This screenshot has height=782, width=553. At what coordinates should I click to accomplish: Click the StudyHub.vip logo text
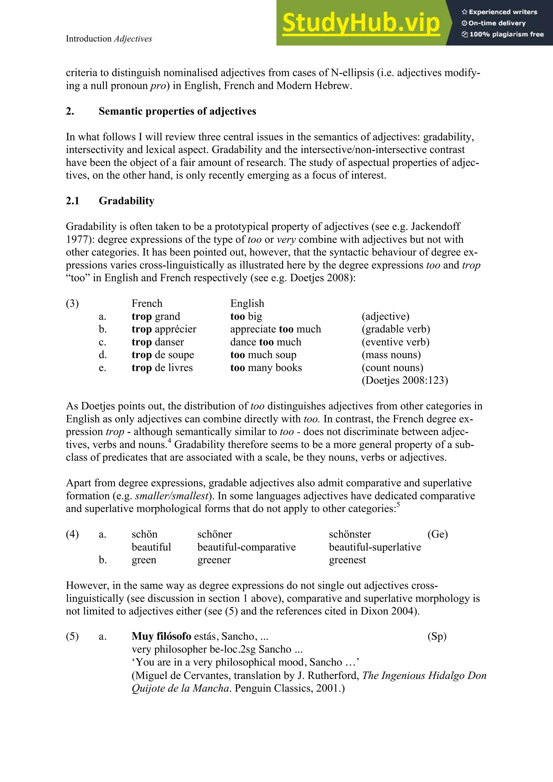[x=361, y=23]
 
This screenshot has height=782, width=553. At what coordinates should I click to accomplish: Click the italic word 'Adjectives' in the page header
[x=133, y=39]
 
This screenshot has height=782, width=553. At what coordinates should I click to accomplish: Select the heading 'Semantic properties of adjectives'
[x=177, y=111]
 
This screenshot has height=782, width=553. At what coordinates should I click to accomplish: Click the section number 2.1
[x=73, y=201]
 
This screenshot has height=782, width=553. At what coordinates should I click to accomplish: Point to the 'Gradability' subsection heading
[x=126, y=201]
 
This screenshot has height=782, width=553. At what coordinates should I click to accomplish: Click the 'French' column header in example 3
[x=147, y=304]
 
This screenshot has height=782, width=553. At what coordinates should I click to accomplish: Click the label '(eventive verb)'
[x=395, y=342]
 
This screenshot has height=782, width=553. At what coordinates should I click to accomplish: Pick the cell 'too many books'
[x=266, y=368]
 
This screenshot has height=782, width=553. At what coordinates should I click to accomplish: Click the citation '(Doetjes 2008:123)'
[x=404, y=380]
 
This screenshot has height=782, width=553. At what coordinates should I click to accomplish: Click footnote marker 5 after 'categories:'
[x=398, y=505]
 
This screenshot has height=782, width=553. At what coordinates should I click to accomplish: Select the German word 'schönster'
[x=350, y=534]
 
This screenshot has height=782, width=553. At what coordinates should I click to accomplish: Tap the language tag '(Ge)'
[x=437, y=534]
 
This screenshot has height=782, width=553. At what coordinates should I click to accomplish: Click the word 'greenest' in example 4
[x=347, y=560]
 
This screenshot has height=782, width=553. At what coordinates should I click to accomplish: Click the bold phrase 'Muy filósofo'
[x=161, y=636]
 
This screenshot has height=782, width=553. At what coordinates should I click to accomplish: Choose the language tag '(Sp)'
[x=437, y=636]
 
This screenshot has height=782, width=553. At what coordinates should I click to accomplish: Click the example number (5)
[x=72, y=636]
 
